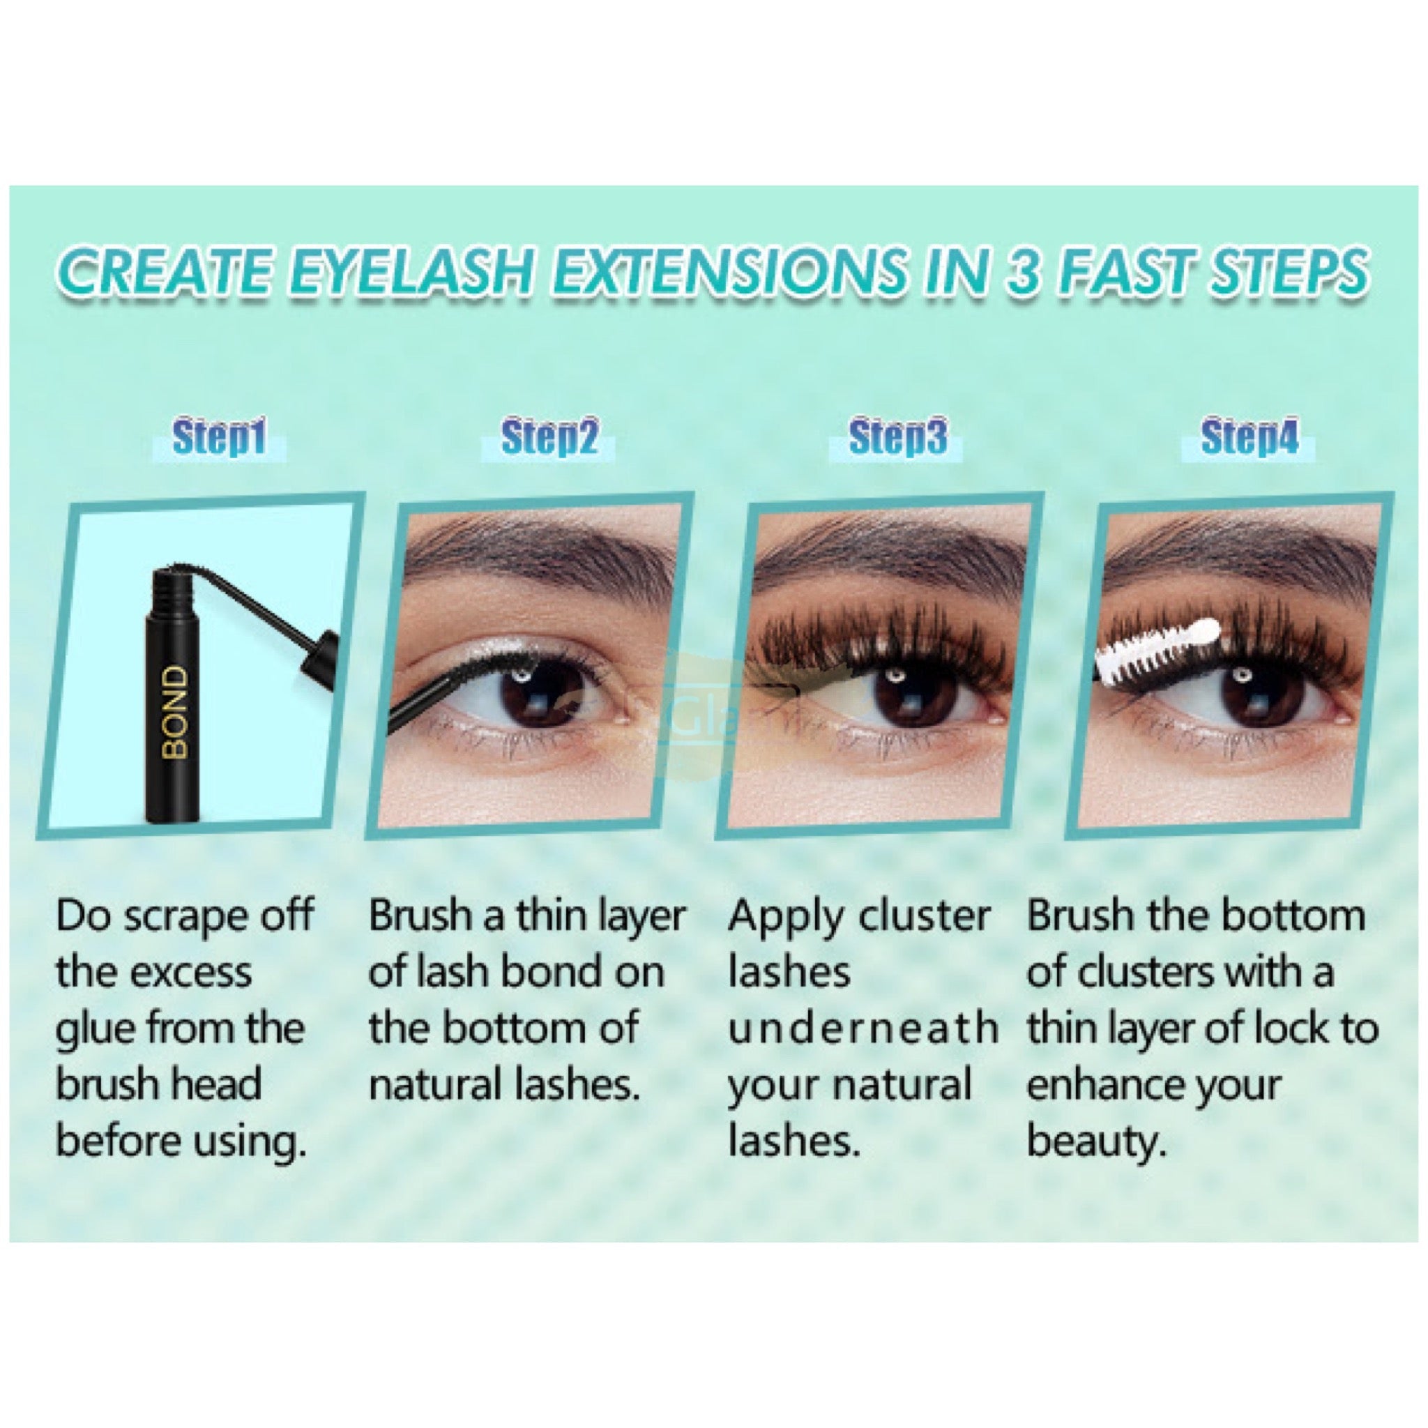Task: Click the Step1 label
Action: click(x=219, y=438)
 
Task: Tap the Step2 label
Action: click(x=549, y=438)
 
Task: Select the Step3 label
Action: click(x=897, y=438)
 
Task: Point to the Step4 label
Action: click(x=1249, y=438)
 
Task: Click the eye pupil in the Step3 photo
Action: click(x=896, y=693)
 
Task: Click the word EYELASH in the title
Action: click(x=408, y=272)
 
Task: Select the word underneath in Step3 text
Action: click(x=862, y=1029)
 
